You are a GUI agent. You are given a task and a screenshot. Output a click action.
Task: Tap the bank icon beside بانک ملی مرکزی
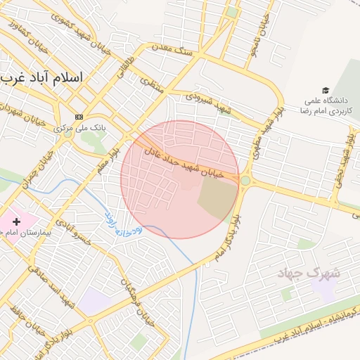pyautogui.click(x=79, y=117)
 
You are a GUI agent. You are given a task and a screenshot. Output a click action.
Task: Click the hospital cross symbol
pyautogui.click(x=16, y=221)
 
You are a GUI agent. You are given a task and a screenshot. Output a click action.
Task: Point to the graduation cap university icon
pyautogui.click(x=325, y=90)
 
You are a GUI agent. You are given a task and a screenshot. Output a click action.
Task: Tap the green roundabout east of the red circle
pyautogui.click(x=245, y=181)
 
